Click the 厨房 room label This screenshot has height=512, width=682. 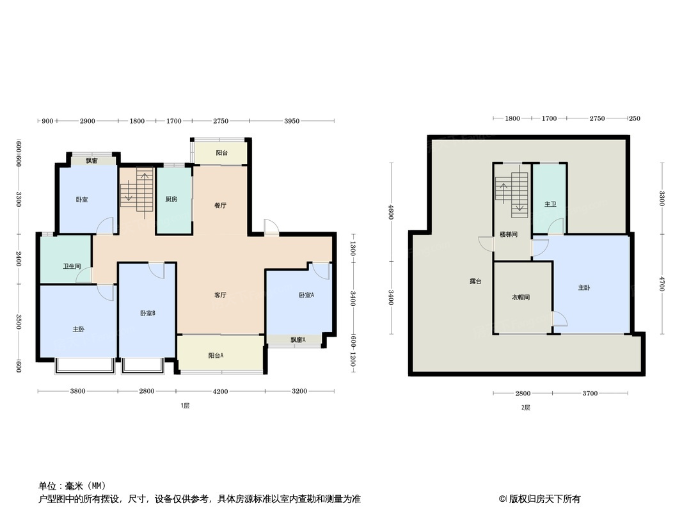pyautogui.click(x=171, y=199)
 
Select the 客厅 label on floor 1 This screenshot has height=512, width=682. pyautogui.click(x=221, y=295)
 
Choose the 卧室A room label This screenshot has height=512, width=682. pyautogui.click(x=306, y=295)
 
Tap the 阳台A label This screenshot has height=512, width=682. pyautogui.click(x=216, y=355)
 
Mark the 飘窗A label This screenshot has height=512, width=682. pyautogui.click(x=297, y=340)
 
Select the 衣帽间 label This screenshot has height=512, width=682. pyautogui.click(x=520, y=298)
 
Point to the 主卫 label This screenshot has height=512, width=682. pyautogui.click(x=550, y=204)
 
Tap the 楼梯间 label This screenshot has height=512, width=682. pyautogui.click(x=509, y=235)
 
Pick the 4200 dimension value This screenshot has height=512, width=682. pyautogui.click(x=220, y=391)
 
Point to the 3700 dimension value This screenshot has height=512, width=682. pyautogui.click(x=589, y=393)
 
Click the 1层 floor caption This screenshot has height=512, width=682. pyautogui.click(x=185, y=406)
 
